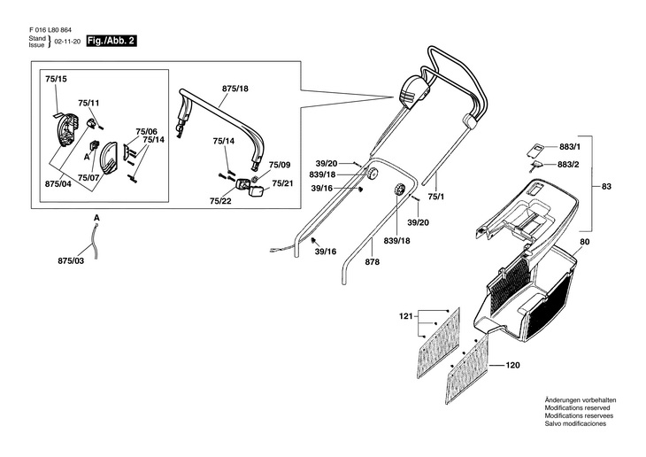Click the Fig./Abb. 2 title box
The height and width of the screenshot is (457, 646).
coord(112,42)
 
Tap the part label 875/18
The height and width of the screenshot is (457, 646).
coord(235,89)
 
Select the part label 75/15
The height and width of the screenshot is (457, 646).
coord(56,78)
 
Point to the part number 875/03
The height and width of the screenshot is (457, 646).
coord(71,261)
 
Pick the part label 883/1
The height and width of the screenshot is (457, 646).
coord(570,147)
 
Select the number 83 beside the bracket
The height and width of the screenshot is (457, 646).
coord(606,186)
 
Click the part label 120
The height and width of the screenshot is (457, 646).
coord(512,365)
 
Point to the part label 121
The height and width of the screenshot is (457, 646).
coord(406,316)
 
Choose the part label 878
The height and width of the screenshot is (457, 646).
coord(373,262)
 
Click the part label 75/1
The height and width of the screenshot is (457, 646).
coord(436,197)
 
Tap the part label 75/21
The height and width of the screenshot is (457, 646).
coord(282,183)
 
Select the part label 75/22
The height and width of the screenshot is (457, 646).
coord(220,201)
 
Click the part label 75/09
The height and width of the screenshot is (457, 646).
coord(280,165)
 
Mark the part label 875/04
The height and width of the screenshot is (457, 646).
coord(58,184)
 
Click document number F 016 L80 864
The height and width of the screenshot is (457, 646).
coord(50,30)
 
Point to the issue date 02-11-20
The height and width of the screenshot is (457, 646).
coord(67,42)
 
